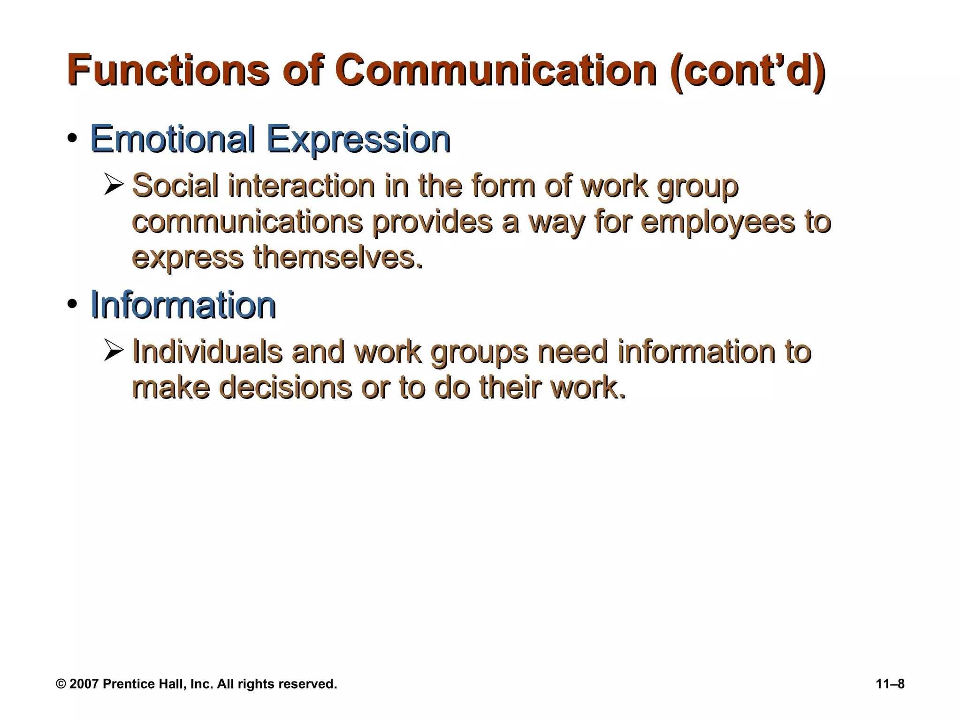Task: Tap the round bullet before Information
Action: pos(72,305)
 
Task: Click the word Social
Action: pos(175,186)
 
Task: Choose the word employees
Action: pos(717,223)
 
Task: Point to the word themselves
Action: pos(338,257)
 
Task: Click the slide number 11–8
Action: pos(890,684)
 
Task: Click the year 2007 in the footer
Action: pos(84,684)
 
